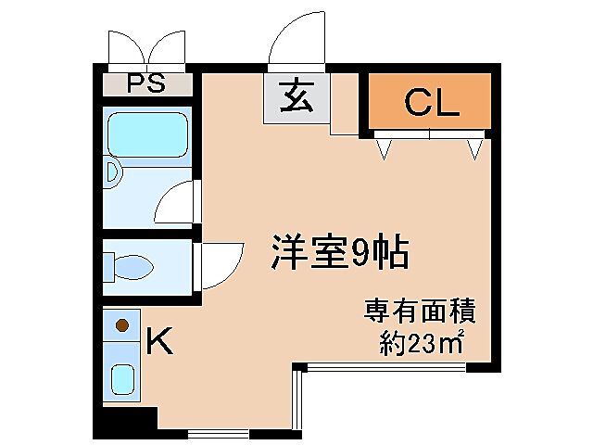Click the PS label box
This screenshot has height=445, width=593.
[147, 83]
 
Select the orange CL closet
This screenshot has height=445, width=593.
[430, 101]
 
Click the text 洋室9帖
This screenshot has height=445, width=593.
[339, 249]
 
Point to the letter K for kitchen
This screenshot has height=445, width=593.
[160, 342]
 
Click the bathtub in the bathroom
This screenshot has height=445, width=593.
[147, 134]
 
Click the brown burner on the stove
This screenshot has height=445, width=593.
[120, 326]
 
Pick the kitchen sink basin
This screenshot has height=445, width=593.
[121, 379]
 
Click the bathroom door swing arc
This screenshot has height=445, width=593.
[176, 202]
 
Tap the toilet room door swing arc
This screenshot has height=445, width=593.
[221, 264]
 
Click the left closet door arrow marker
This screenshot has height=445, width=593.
[384, 146]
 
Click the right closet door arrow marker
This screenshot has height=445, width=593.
[476, 146]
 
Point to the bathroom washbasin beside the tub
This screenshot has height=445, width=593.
[112, 173]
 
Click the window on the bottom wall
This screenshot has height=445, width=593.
[218, 433]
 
